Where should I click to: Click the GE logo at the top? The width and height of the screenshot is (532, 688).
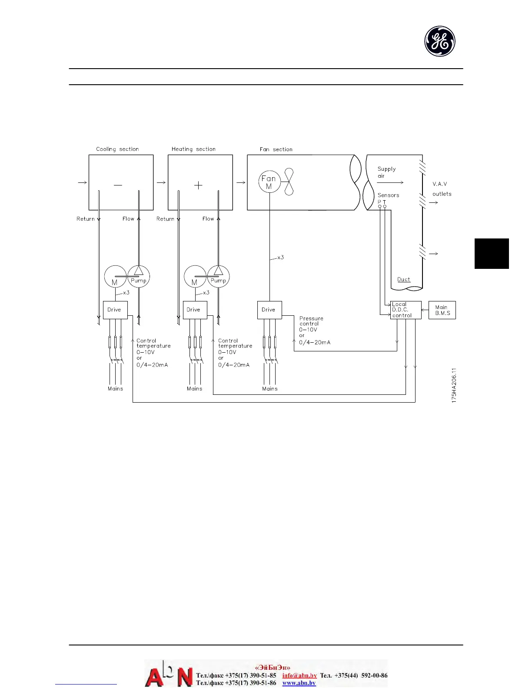click(x=440, y=41)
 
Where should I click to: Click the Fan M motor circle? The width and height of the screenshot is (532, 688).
click(x=269, y=182)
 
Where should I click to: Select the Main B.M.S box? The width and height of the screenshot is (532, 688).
click(x=442, y=310)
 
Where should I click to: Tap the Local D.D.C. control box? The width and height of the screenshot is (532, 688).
click(x=406, y=310)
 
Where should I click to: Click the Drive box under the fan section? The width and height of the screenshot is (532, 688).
click(x=269, y=310)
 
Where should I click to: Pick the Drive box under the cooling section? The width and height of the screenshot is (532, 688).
click(x=115, y=310)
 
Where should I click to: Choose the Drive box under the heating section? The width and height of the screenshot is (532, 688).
click(x=195, y=310)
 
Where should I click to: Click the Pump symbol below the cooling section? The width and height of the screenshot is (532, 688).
click(x=139, y=276)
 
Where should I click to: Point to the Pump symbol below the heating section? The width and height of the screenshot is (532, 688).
click(x=218, y=276)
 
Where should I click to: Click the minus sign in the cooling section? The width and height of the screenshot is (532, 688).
click(x=118, y=185)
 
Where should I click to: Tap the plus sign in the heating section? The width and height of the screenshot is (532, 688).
click(x=198, y=185)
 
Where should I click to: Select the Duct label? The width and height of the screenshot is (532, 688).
click(x=404, y=279)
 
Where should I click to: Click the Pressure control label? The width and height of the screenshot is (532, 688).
click(x=311, y=321)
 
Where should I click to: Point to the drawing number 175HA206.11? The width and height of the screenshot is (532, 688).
click(x=454, y=385)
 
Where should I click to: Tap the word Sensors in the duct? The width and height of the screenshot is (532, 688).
click(x=388, y=195)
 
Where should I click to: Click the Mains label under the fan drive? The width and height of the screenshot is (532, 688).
click(x=270, y=389)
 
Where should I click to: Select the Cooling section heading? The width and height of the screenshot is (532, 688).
click(x=117, y=149)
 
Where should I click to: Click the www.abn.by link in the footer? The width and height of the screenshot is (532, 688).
click(x=299, y=683)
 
